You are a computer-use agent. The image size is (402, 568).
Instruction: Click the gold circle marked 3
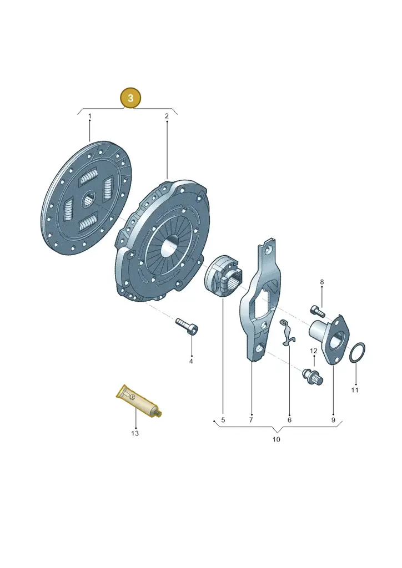(130, 98)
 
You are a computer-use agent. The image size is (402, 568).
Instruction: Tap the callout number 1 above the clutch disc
(90, 116)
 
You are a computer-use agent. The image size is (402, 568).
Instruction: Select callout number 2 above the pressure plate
(167, 116)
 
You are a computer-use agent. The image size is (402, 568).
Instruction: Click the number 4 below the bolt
(191, 362)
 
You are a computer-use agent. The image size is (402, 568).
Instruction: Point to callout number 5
(223, 420)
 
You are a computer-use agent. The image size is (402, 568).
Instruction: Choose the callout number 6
(289, 420)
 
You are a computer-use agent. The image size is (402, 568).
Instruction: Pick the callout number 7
(251, 420)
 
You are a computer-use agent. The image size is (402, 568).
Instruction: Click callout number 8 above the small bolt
(321, 282)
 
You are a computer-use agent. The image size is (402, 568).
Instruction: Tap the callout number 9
(333, 420)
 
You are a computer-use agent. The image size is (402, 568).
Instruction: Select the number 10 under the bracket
(276, 439)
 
